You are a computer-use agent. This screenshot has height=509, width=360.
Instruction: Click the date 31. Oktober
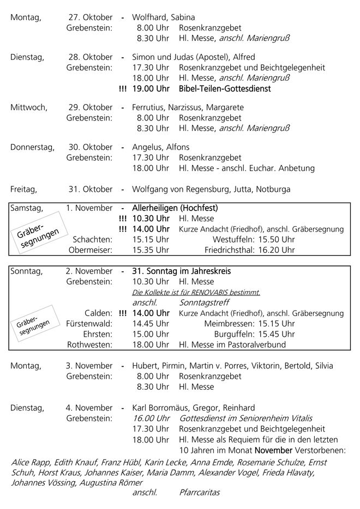coord(90,190)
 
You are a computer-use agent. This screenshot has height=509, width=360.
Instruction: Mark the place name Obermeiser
coord(91,250)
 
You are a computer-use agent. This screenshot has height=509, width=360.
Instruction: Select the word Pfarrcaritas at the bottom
coord(199,493)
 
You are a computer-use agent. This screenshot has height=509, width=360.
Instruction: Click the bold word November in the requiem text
coord(273,451)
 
